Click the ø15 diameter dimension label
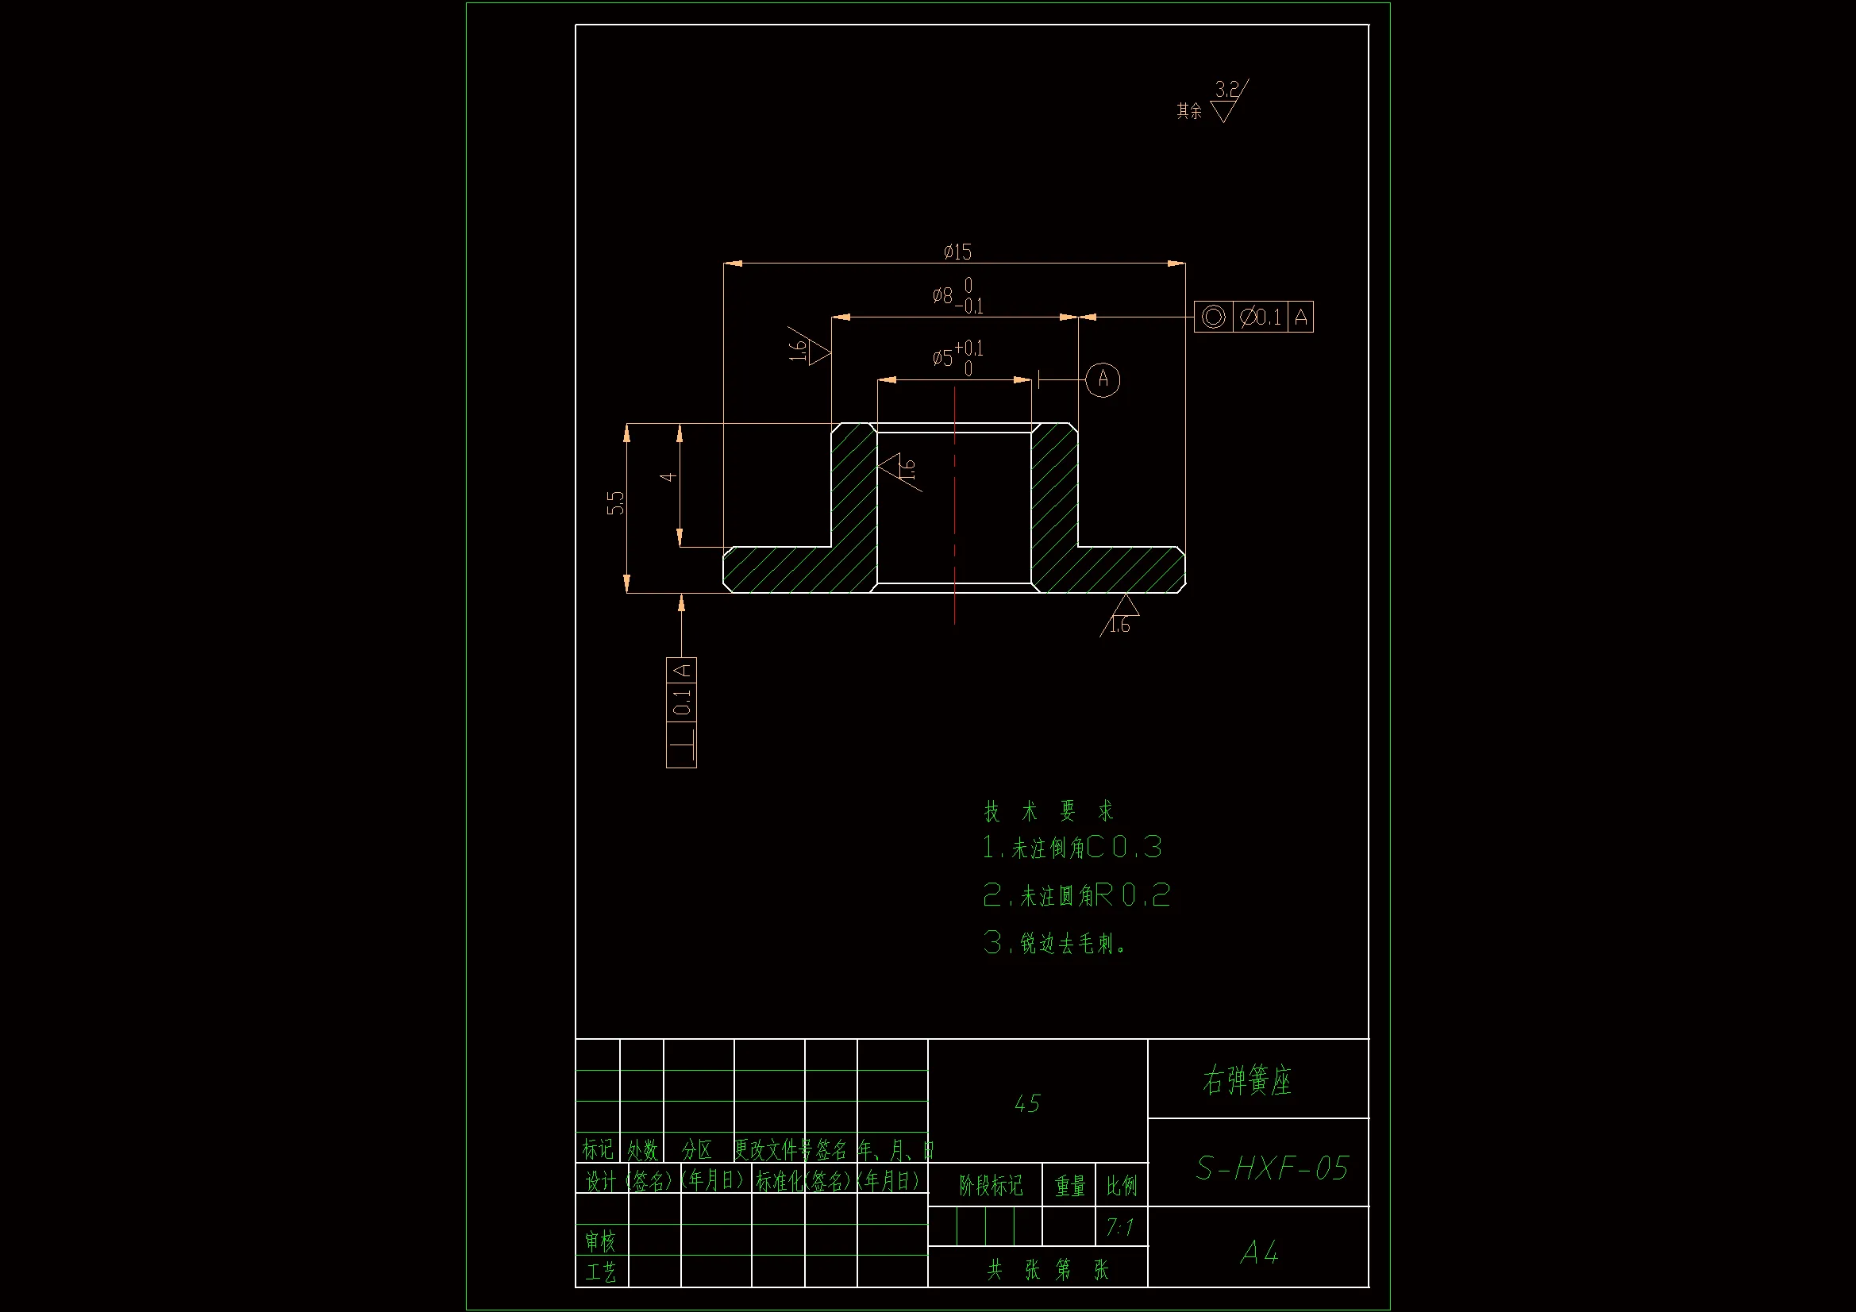[957, 252]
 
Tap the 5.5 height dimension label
[616, 502]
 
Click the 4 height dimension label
[668, 477]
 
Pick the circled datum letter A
[1103, 379]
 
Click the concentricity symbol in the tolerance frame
[1212, 317]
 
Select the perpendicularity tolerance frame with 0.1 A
[681, 712]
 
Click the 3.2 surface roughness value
[1226, 89]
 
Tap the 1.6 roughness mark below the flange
[1120, 623]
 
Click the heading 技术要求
[1049, 811]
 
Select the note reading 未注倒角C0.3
[1072, 847]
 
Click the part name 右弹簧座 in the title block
[1247, 1080]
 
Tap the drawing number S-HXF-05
[1272, 1168]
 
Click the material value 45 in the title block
[1026, 1103]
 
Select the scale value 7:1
[1119, 1228]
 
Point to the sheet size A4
[1258, 1253]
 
